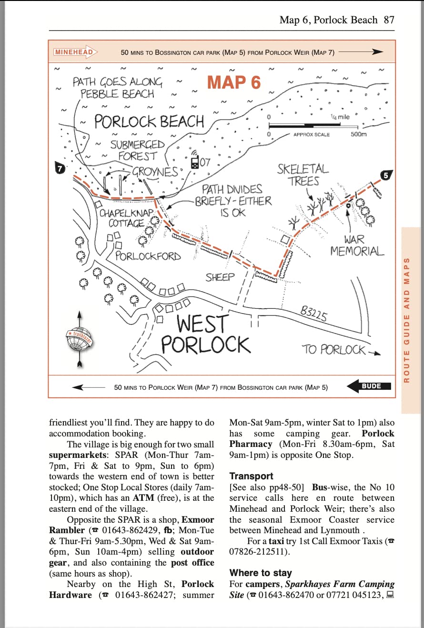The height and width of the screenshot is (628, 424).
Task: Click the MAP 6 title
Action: [234, 82]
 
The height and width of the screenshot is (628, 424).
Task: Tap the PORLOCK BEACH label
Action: [149, 122]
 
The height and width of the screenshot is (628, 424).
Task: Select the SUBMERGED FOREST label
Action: [137, 150]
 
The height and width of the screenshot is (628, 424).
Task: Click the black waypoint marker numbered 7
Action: [60, 168]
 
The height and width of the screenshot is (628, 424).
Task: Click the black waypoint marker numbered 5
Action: [386, 175]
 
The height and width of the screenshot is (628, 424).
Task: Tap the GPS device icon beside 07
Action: [195, 162]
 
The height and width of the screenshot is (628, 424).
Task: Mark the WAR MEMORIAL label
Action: [357, 245]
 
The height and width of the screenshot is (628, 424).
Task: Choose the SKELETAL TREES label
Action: [303, 175]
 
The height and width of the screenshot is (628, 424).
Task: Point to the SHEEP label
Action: [220, 277]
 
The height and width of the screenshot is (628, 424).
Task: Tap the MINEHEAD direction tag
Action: [75, 52]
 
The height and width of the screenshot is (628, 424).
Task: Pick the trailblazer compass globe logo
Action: [80, 339]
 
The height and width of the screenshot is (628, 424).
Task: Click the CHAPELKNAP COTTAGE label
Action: [126, 218]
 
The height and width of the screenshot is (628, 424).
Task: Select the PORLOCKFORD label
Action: [148, 256]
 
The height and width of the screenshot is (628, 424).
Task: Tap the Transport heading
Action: [251, 476]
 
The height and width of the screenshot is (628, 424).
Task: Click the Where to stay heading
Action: [261, 573]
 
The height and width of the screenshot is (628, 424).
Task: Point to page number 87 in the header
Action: [389, 20]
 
